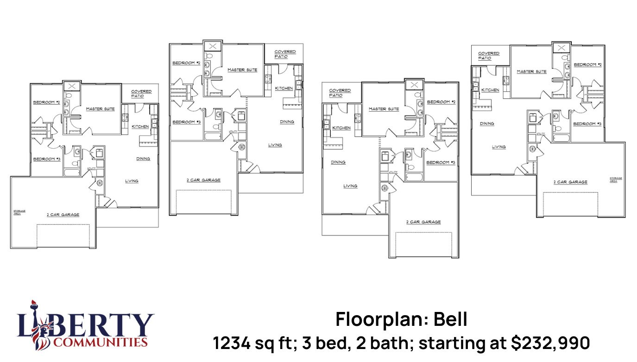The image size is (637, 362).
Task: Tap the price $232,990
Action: pyautogui.click(x=550, y=343)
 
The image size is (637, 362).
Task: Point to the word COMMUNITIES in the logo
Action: pyautogui.click(x=100, y=343)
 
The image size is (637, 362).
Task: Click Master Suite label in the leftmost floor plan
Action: pyautogui.click(x=101, y=109)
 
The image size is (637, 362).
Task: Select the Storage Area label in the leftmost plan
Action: pyautogui.click(x=19, y=212)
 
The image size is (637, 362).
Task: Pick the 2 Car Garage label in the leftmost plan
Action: pyautogui.click(x=63, y=215)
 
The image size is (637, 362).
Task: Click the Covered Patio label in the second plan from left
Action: pyautogui.click(x=285, y=54)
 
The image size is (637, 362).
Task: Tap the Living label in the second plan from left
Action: pyautogui.click(x=275, y=145)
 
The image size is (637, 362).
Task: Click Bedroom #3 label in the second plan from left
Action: pyautogui.click(x=186, y=122)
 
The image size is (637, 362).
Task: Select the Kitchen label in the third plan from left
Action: pyautogui.click(x=341, y=128)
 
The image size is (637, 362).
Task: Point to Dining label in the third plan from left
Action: pyautogui.click(x=338, y=163)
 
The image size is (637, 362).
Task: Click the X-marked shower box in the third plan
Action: pyautogui.click(x=414, y=85)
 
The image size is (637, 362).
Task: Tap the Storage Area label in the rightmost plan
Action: pyautogui.click(x=616, y=179)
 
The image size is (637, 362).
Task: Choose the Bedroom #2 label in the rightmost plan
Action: pyautogui.click(x=587, y=65)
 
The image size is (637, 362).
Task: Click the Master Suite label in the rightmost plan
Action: pyautogui.click(x=531, y=72)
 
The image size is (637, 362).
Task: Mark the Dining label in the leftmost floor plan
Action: pyautogui.click(x=143, y=159)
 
